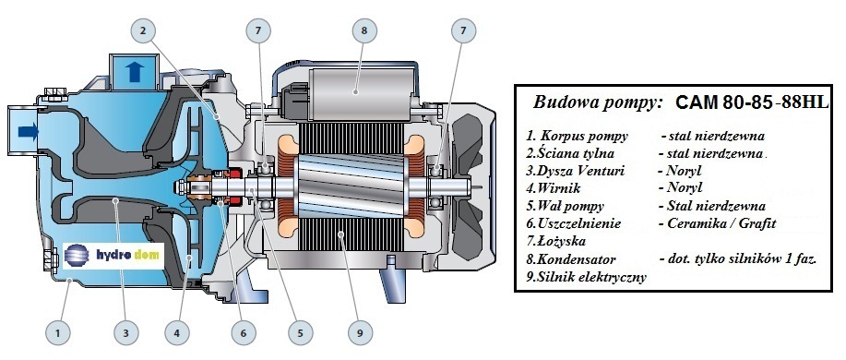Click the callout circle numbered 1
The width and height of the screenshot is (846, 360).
58,332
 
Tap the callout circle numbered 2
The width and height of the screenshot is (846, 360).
142,30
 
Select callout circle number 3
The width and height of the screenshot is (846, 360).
125,332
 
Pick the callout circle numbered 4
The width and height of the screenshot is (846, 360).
177,332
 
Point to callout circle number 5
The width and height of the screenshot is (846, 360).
300,332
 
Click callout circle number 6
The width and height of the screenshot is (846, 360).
244,332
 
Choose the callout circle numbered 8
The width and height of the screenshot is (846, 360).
364,30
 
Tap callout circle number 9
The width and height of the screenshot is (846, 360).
360,332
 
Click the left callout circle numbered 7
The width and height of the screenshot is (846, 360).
258,30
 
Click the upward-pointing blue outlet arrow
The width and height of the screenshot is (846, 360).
134,71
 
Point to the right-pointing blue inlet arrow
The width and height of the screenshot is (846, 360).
28,131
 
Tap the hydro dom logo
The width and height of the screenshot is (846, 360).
113,256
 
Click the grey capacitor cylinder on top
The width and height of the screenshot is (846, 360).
359,91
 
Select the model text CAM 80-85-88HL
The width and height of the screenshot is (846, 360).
752,102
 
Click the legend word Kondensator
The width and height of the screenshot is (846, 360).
572,259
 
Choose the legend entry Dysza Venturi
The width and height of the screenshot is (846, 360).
576,172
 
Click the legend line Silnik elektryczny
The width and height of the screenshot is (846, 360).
587,278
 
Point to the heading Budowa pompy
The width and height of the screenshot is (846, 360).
597,103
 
